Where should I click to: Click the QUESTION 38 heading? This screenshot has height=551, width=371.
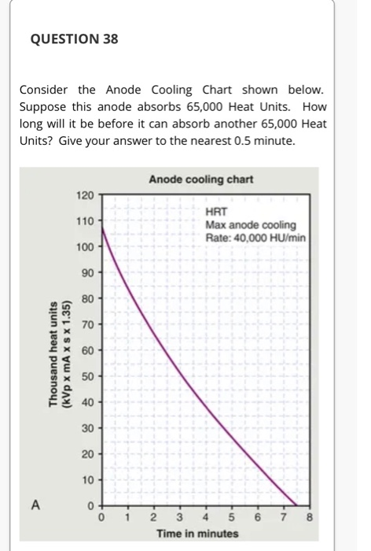(x=69, y=38)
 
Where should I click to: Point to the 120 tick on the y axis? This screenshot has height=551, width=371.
(x=86, y=194)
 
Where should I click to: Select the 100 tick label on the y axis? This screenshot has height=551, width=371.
(x=86, y=246)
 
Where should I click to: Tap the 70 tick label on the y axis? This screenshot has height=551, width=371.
(x=88, y=324)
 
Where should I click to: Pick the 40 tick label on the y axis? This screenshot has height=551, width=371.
(x=88, y=402)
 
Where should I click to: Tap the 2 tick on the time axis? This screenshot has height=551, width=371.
(x=154, y=518)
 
